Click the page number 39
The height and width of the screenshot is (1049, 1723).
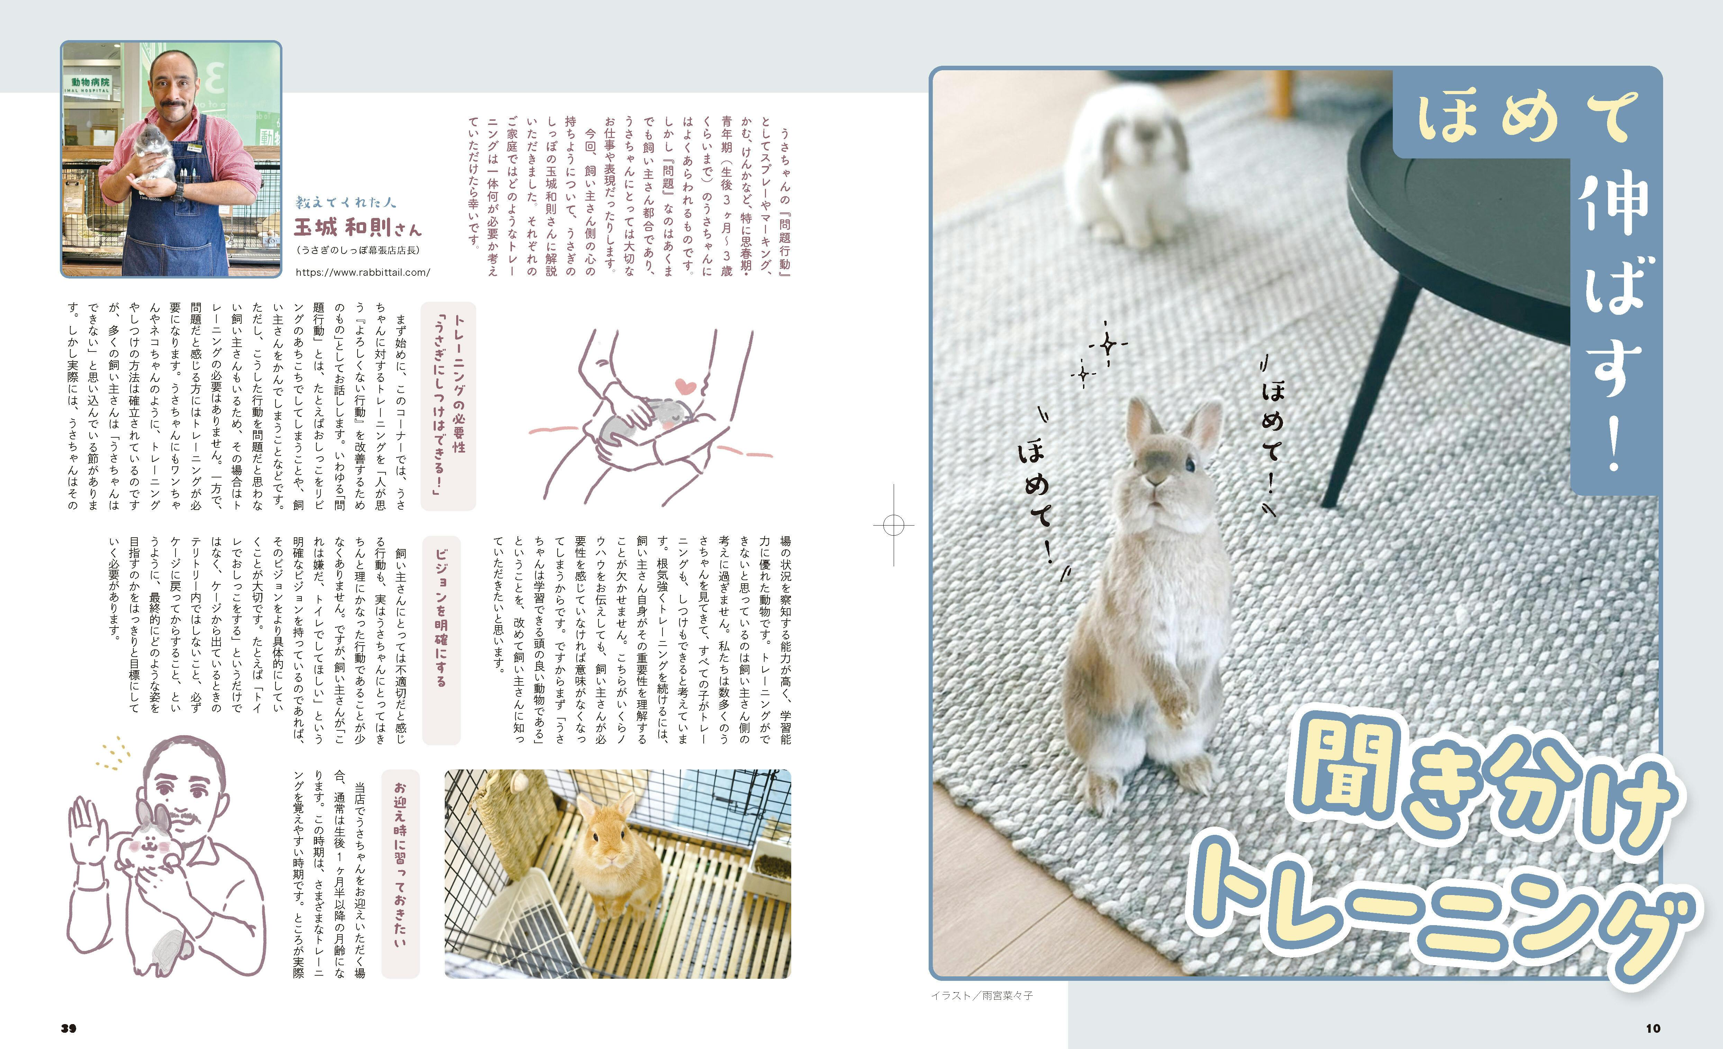pos(69,1028)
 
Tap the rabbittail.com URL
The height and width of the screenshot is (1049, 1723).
pos(363,273)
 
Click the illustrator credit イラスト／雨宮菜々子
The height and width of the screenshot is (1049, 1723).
pos(982,995)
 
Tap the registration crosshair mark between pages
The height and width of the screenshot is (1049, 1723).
pos(894,524)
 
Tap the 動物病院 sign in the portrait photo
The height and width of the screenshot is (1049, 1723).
pos(90,82)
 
